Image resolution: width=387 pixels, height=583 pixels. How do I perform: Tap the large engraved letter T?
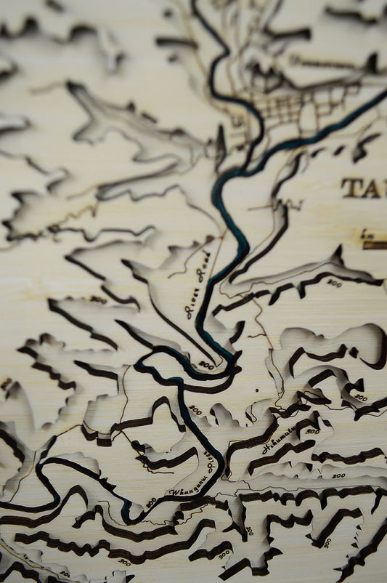tap(352, 188)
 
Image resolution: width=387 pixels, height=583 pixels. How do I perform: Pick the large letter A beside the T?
tap(375, 188)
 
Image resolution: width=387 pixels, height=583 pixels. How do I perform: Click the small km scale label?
tap(367, 235)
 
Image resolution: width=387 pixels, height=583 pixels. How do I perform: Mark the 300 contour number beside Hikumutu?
tap(311, 431)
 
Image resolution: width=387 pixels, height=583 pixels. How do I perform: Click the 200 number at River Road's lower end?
tap(206, 366)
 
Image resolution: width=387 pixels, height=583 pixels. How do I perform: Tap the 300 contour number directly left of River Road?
tap(98, 299)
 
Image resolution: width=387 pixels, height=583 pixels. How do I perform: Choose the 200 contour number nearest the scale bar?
tap(333, 283)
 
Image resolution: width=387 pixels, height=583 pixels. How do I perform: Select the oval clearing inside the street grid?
tap(309, 116)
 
